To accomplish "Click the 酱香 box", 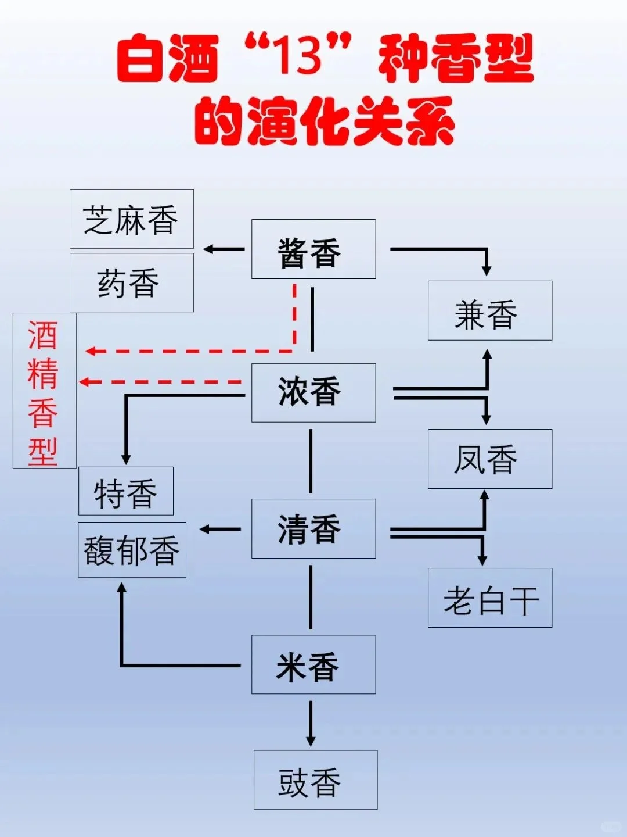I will (x=313, y=249).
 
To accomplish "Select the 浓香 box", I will (x=313, y=393).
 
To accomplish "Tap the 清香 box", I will (x=313, y=529).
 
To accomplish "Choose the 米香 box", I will (x=313, y=664).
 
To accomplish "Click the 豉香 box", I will (x=315, y=779).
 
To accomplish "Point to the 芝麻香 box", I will (x=132, y=219).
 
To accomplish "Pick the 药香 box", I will (x=132, y=282).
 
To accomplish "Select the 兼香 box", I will (x=489, y=311).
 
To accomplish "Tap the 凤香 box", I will (x=489, y=459).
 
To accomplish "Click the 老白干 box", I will (x=489, y=598).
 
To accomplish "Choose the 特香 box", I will (x=126, y=491).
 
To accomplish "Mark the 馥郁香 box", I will (x=132, y=550).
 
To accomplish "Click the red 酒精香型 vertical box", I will (x=45, y=391).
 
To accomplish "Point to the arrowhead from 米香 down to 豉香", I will (x=311, y=741).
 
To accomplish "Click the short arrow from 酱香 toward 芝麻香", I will (x=224, y=249).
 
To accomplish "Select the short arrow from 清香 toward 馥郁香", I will (x=220, y=529).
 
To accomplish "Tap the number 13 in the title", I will (x=298, y=57).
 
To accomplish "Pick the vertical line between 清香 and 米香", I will (x=311, y=597).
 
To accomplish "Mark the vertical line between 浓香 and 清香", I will (x=311, y=461).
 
